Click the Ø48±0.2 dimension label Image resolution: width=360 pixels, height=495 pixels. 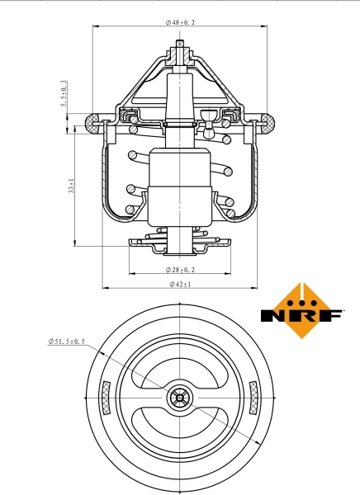pos(179,23)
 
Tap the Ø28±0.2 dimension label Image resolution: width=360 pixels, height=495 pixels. pos(179,269)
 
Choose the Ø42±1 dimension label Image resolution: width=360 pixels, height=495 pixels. pos(179,284)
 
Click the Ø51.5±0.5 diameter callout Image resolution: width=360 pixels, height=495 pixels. pos(66,341)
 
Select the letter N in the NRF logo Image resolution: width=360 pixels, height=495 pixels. pos(273,315)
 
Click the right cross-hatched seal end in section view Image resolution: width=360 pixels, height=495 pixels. pos(267,125)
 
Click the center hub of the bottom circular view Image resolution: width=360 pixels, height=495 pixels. pos(179,398)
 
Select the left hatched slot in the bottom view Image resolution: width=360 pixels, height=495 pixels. pos(105,398)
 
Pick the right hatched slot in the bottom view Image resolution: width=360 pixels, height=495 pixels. pos(253,398)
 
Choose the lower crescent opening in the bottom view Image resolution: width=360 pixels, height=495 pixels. pos(179,431)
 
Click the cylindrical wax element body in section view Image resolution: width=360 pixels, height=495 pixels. pos(179,186)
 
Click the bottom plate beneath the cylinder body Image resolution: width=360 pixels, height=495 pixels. pos(179,243)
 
